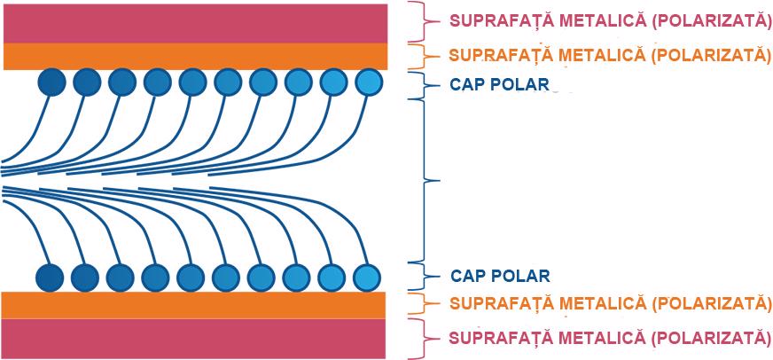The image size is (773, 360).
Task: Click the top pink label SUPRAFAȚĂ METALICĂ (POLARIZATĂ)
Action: pyautogui.click(x=610, y=20)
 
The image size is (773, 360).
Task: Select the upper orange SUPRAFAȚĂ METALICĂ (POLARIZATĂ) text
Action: pyautogui.click(x=611, y=54)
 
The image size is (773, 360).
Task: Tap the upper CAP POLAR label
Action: pyautogui.click(x=500, y=86)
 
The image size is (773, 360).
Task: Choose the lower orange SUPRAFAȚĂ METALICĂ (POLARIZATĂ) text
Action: pyautogui.click(x=611, y=303)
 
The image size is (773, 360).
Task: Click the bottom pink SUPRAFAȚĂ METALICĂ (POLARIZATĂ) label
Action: pyautogui.click(x=611, y=338)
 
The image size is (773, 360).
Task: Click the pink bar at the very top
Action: pyautogui.click(x=195, y=22)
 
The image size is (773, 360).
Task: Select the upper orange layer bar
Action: pyautogui.click(x=195, y=56)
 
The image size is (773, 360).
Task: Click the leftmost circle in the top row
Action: pyautogui.click(x=52, y=82)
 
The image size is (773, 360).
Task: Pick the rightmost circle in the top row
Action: pyautogui.click(x=368, y=83)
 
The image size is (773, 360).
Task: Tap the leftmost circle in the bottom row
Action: pyautogui.click(x=51, y=278)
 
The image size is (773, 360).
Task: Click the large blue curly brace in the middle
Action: pyautogui.click(x=429, y=181)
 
